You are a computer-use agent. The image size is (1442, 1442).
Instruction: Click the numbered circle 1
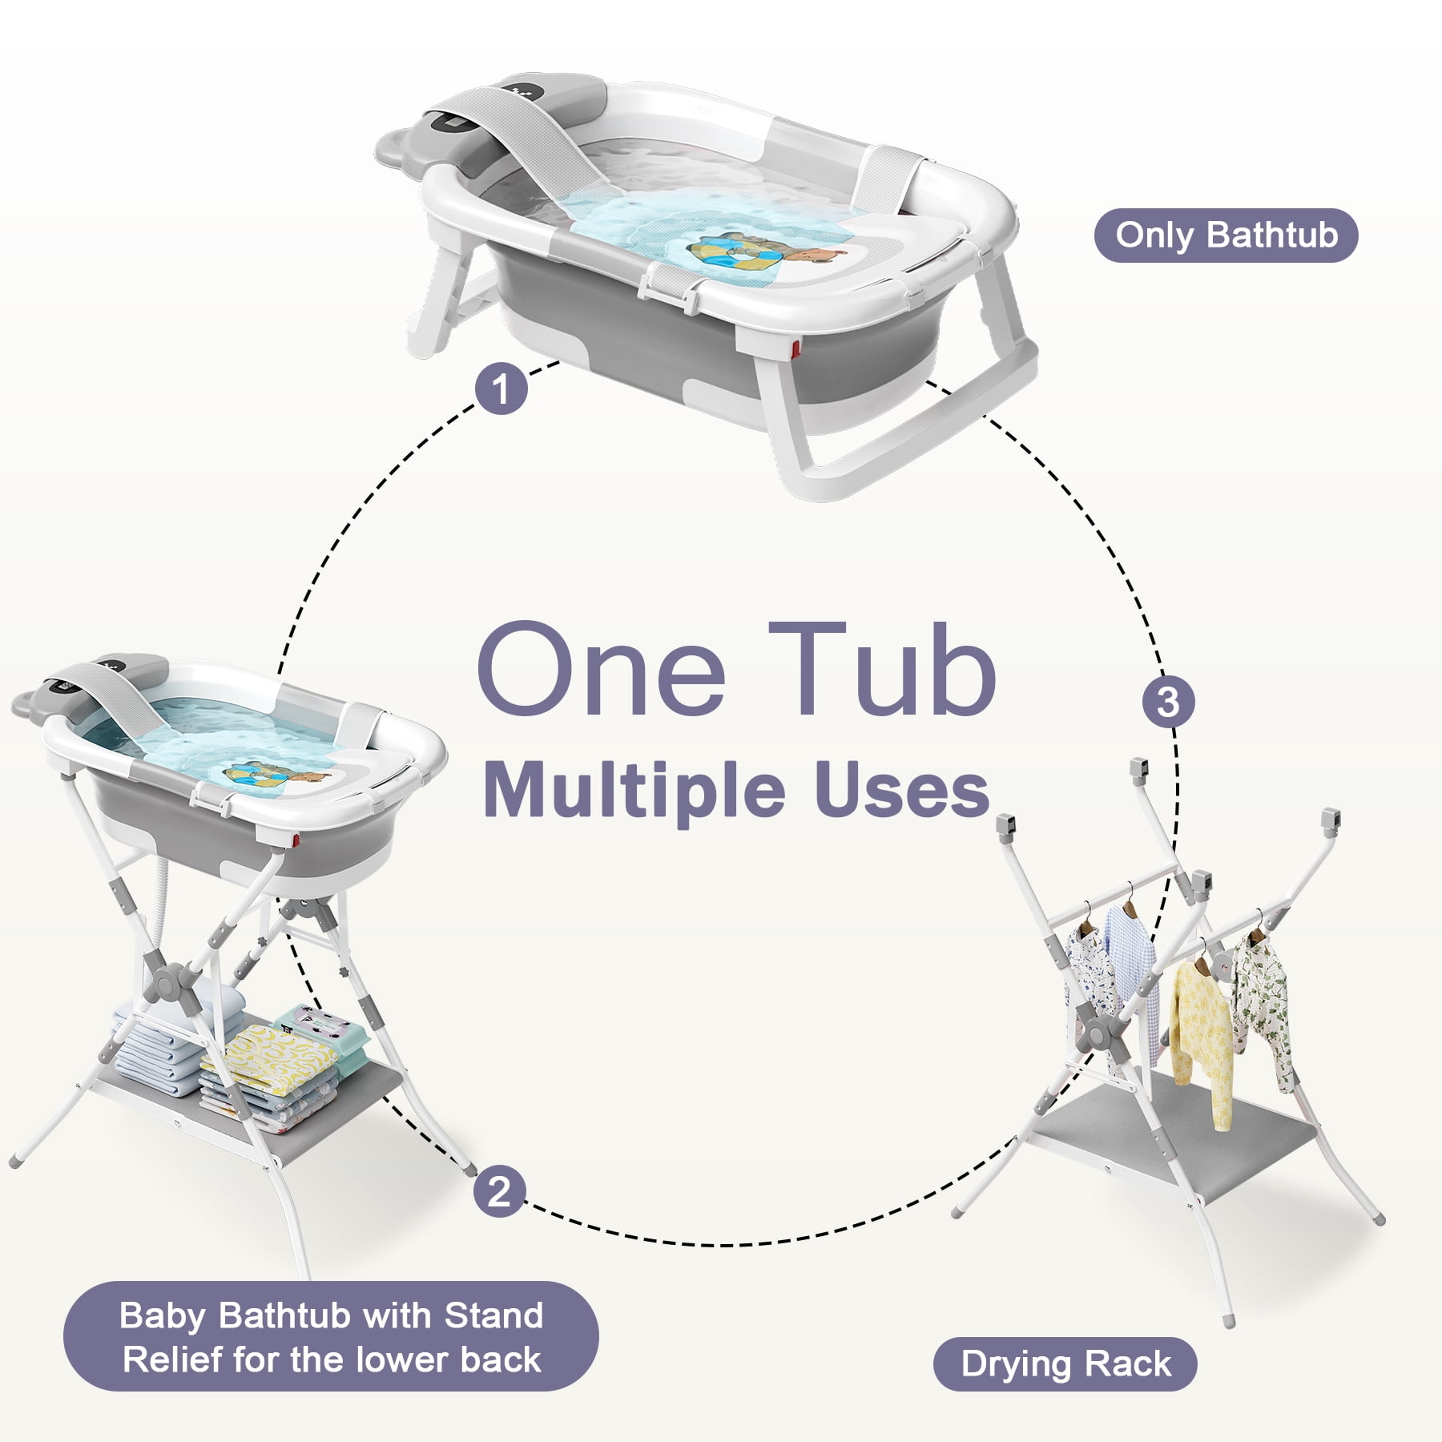[501, 389]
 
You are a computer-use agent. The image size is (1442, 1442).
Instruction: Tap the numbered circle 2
[499, 1190]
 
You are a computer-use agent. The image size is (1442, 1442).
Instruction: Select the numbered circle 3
[1168, 702]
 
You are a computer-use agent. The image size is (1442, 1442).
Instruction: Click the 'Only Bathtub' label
[1226, 236]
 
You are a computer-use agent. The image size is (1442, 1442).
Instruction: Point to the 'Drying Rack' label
[1065, 1363]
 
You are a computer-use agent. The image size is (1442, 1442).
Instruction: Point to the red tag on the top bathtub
[795, 350]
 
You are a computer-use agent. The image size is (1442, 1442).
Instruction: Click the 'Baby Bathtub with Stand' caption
[331, 1315]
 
